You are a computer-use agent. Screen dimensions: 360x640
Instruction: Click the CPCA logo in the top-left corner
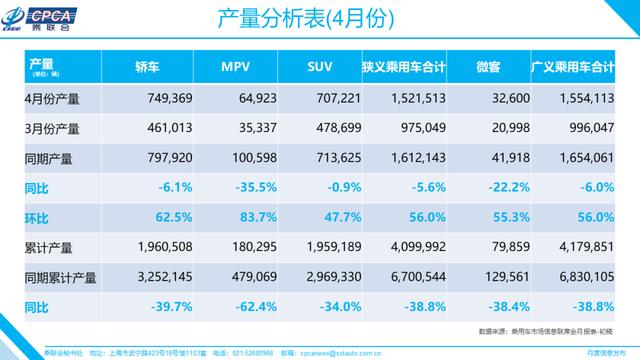point(39,20)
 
